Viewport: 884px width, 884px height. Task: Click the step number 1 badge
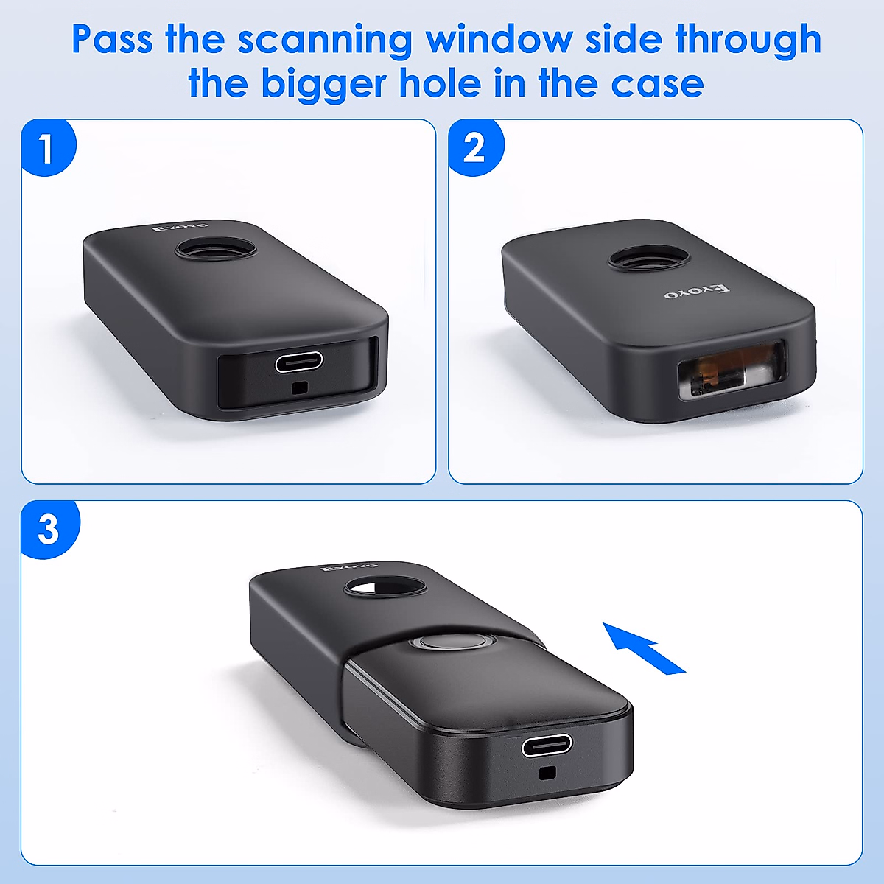click(x=47, y=148)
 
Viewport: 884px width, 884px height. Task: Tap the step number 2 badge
click(x=475, y=148)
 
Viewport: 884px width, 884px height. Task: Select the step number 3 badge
click(x=49, y=529)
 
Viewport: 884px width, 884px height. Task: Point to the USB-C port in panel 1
click(x=298, y=362)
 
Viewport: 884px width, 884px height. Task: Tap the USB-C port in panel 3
click(x=547, y=746)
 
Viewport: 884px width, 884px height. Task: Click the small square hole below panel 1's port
click(x=298, y=388)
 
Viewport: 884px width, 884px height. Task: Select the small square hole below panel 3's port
click(x=546, y=773)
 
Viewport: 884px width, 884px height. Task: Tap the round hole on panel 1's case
click(x=217, y=248)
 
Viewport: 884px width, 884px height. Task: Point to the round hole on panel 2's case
click(x=649, y=259)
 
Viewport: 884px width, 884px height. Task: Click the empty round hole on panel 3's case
click(x=385, y=587)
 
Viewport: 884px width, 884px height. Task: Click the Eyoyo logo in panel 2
click(x=695, y=292)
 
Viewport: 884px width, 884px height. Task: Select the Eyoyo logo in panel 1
click(x=181, y=226)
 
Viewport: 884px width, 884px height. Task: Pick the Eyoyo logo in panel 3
click(x=350, y=567)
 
